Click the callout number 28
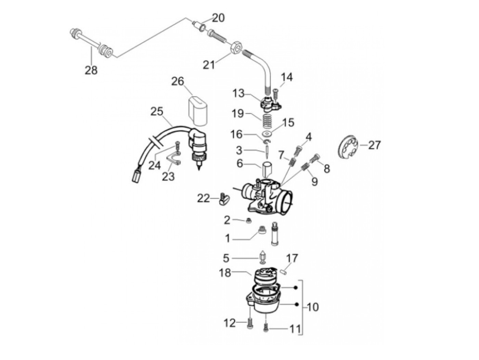(91, 70)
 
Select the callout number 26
(178, 81)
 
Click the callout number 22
(203, 198)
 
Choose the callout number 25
(157, 112)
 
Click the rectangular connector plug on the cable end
(136, 176)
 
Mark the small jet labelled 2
(248, 221)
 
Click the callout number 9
(314, 181)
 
